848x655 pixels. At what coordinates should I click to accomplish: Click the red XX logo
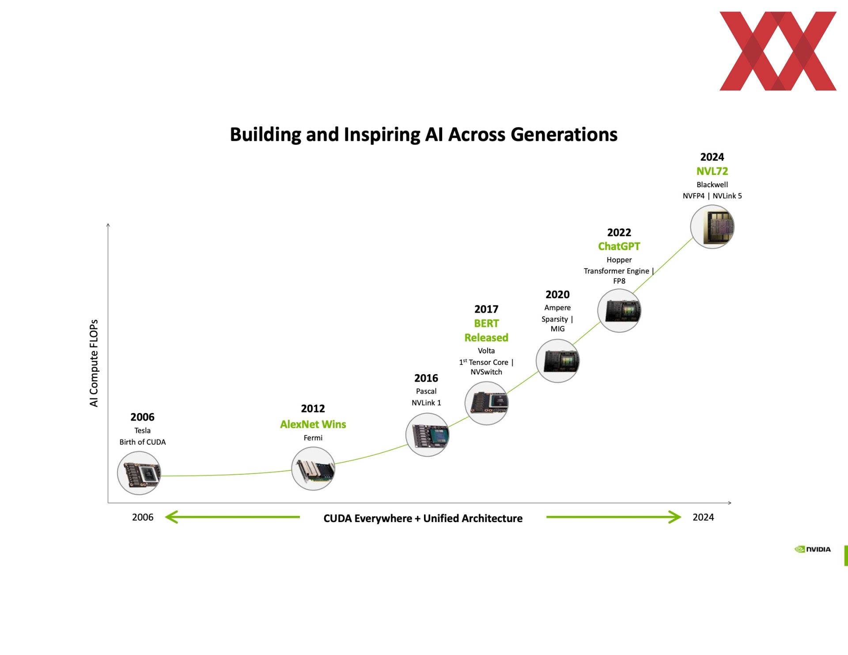click(778, 51)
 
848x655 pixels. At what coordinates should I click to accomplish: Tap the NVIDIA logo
click(812, 549)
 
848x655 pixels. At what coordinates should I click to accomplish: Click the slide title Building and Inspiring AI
click(424, 134)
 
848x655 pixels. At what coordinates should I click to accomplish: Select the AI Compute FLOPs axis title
click(94, 363)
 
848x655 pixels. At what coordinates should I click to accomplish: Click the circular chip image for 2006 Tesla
click(139, 473)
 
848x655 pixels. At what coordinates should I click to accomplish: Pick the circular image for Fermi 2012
click(313, 469)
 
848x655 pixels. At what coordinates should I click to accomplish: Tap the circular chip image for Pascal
click(428, 435)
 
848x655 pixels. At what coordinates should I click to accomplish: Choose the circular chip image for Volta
click(487, 403)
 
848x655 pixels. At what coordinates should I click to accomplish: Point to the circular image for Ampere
click(558, 361)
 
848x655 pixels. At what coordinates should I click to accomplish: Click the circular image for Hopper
click(619, 310)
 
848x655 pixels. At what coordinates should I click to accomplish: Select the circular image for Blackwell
click(712, 227)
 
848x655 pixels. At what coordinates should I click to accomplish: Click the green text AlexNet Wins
click(313, 424)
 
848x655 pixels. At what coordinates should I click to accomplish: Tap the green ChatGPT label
click(619, 246)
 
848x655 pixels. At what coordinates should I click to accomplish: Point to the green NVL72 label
click(712, 171)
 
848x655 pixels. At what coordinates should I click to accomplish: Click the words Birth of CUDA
click(143, 442)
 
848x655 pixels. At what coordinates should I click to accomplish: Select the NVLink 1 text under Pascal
click(426, 402)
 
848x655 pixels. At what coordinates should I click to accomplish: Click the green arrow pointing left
click(232, 517)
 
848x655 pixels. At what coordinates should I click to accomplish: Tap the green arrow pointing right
click(614, 517)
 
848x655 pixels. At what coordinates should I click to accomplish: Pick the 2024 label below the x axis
click(703, 517)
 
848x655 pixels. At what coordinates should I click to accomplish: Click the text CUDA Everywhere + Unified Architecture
click(423, 518)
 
